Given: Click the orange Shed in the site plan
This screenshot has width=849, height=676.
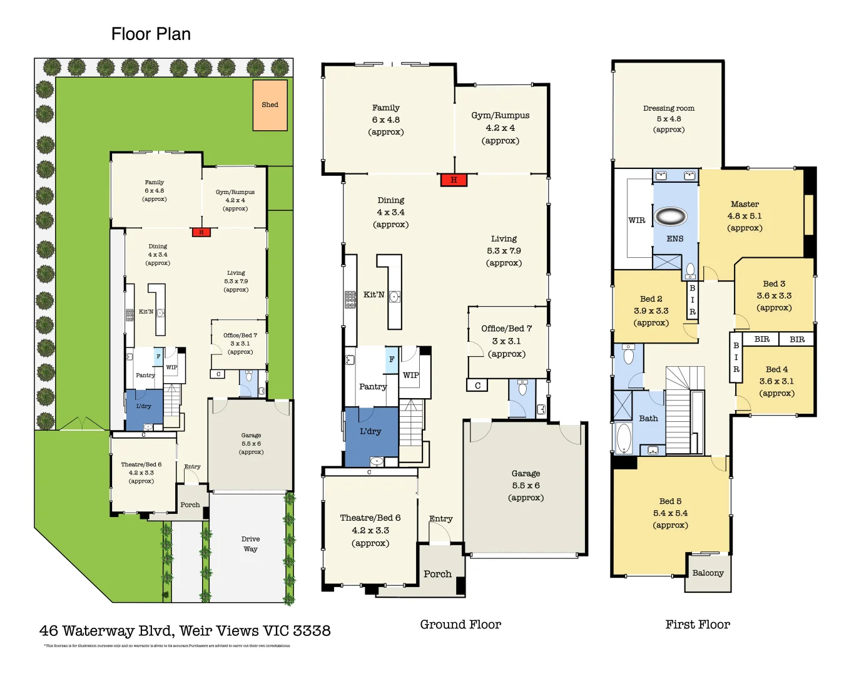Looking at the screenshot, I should click(x=270, y=105).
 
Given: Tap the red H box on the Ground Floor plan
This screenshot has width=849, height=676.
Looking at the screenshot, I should click(x=454, y=180).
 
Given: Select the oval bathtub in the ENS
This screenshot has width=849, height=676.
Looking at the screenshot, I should click(x=671, y=217).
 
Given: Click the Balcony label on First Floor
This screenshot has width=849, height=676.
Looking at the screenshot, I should click(x=708, y=573).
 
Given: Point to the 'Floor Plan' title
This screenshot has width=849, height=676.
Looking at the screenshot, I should click(x=151, y=34).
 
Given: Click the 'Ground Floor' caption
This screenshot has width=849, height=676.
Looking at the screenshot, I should click(x=460, y=625).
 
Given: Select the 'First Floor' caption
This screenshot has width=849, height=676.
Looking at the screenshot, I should click(x=698, y=625).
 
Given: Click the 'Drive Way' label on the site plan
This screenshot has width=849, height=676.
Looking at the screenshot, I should click(x=250, y=544).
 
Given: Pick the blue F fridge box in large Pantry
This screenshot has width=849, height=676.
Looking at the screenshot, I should click(x=392, y=359).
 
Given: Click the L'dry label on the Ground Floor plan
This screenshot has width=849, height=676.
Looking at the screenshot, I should click(x=370, y=431).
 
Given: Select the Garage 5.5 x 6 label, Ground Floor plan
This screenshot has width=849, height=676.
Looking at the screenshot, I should click(x=526, y=486).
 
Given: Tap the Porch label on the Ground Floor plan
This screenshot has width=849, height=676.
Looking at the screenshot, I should click(x=437, y=574).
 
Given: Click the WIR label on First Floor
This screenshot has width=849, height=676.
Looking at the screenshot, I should click(x=636, y=220).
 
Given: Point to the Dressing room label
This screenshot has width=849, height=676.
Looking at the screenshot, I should click(x=669, y=108).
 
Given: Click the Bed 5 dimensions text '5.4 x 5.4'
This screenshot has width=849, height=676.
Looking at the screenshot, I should click(x=670, y=513).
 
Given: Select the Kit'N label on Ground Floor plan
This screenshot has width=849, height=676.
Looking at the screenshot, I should click(x=374, y=295).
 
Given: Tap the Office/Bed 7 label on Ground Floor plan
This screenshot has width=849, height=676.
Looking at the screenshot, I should click(x=506, y=329).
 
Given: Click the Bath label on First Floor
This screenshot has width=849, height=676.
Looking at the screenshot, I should click(x=648, y=419).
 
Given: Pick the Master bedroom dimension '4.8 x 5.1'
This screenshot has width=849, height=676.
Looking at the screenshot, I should click(x=745, y=216).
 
